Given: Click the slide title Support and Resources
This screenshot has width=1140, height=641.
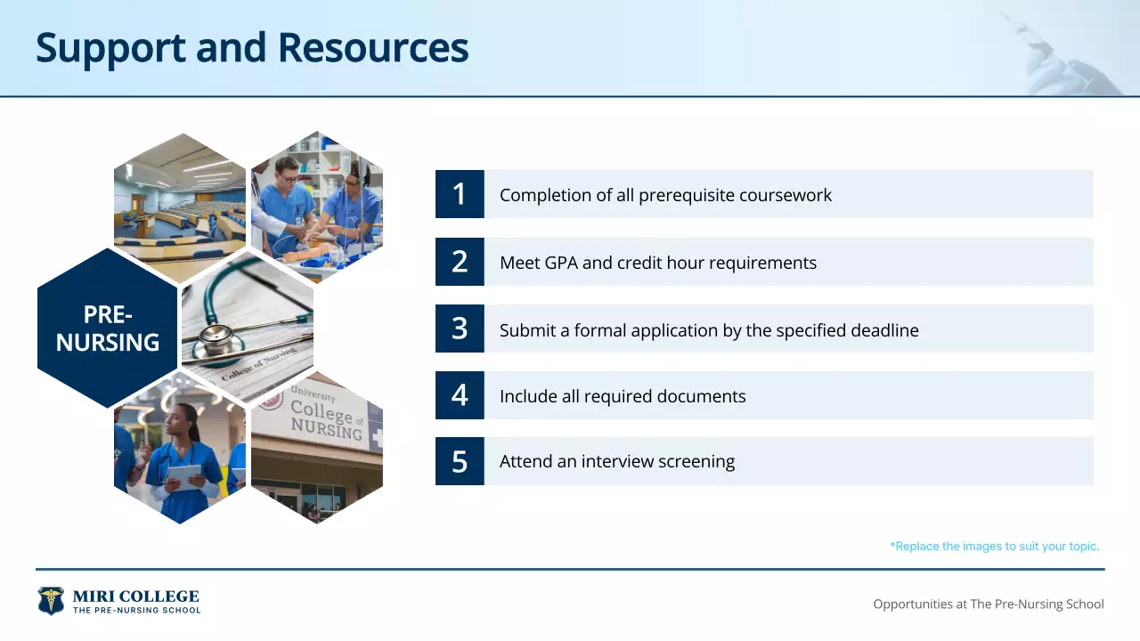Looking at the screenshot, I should coord(252,47).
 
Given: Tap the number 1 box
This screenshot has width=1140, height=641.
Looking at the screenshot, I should coord(460,194).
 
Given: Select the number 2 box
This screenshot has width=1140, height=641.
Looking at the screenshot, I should coord(460,262).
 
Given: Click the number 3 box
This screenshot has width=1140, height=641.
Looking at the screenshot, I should coord(460,329).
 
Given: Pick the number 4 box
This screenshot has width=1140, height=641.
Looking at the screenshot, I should coord(460,395).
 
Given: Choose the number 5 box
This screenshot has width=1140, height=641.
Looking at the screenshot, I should coord(460,461).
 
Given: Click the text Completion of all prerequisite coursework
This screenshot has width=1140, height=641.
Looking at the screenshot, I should coord(665,195).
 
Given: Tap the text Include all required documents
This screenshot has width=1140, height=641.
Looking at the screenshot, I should coord(623,396).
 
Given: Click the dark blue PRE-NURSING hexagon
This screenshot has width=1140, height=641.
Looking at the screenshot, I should coord(107,328).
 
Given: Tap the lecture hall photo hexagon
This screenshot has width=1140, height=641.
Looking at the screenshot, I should coord(180,207).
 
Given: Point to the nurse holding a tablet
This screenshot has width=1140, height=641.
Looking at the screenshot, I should coord(183,458).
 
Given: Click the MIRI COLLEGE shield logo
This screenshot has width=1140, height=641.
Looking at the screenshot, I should coord(51,601).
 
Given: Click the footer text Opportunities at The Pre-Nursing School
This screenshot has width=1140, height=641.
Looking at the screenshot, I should coord(988,604).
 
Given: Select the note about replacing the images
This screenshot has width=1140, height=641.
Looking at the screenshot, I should coord(994,546).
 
